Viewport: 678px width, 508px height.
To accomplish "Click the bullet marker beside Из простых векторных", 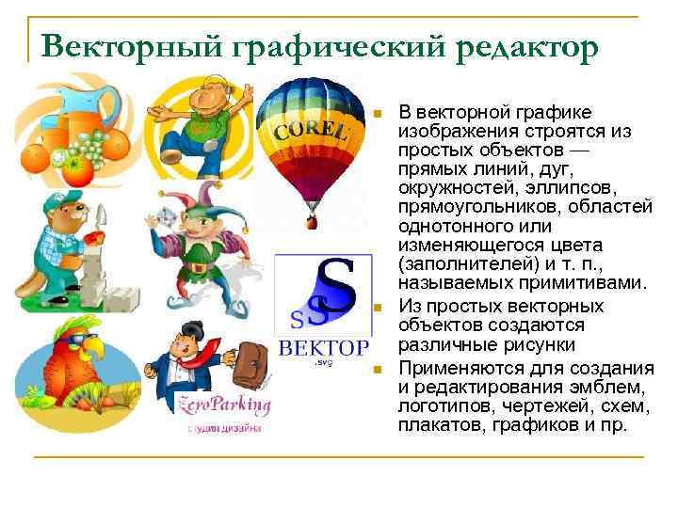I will pyautogui.click(x=377, y=309).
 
